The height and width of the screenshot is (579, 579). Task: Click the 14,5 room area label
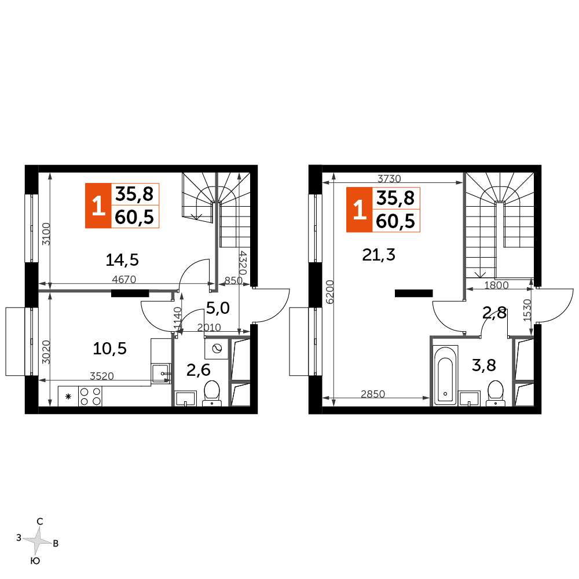[122, 260]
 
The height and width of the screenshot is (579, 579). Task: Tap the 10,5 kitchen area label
[109, 349]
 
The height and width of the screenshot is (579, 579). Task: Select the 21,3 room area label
[379, 255]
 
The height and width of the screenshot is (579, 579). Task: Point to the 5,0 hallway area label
[218, 308]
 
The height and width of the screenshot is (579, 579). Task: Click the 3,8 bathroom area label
[484, 365]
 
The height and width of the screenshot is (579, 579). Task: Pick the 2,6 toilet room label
[198, 370]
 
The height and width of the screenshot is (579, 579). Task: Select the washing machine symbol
[217, 349]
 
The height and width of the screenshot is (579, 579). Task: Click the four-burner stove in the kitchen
[90, 396]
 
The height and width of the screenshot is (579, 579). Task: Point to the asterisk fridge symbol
[68, 397]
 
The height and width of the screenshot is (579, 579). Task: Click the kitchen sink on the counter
[161, 373]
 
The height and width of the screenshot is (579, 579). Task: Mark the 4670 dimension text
[124, 280]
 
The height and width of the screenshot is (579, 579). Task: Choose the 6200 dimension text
[329, 292]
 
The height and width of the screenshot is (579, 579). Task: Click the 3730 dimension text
[389, 179]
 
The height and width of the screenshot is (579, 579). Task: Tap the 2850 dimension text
[373, 394]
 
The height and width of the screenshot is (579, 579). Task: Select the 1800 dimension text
[496, 285]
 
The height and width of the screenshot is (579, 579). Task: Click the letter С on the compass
[40, 522]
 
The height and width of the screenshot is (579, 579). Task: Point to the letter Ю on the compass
[35, 561]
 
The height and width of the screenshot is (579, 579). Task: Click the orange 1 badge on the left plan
[98, 206]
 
